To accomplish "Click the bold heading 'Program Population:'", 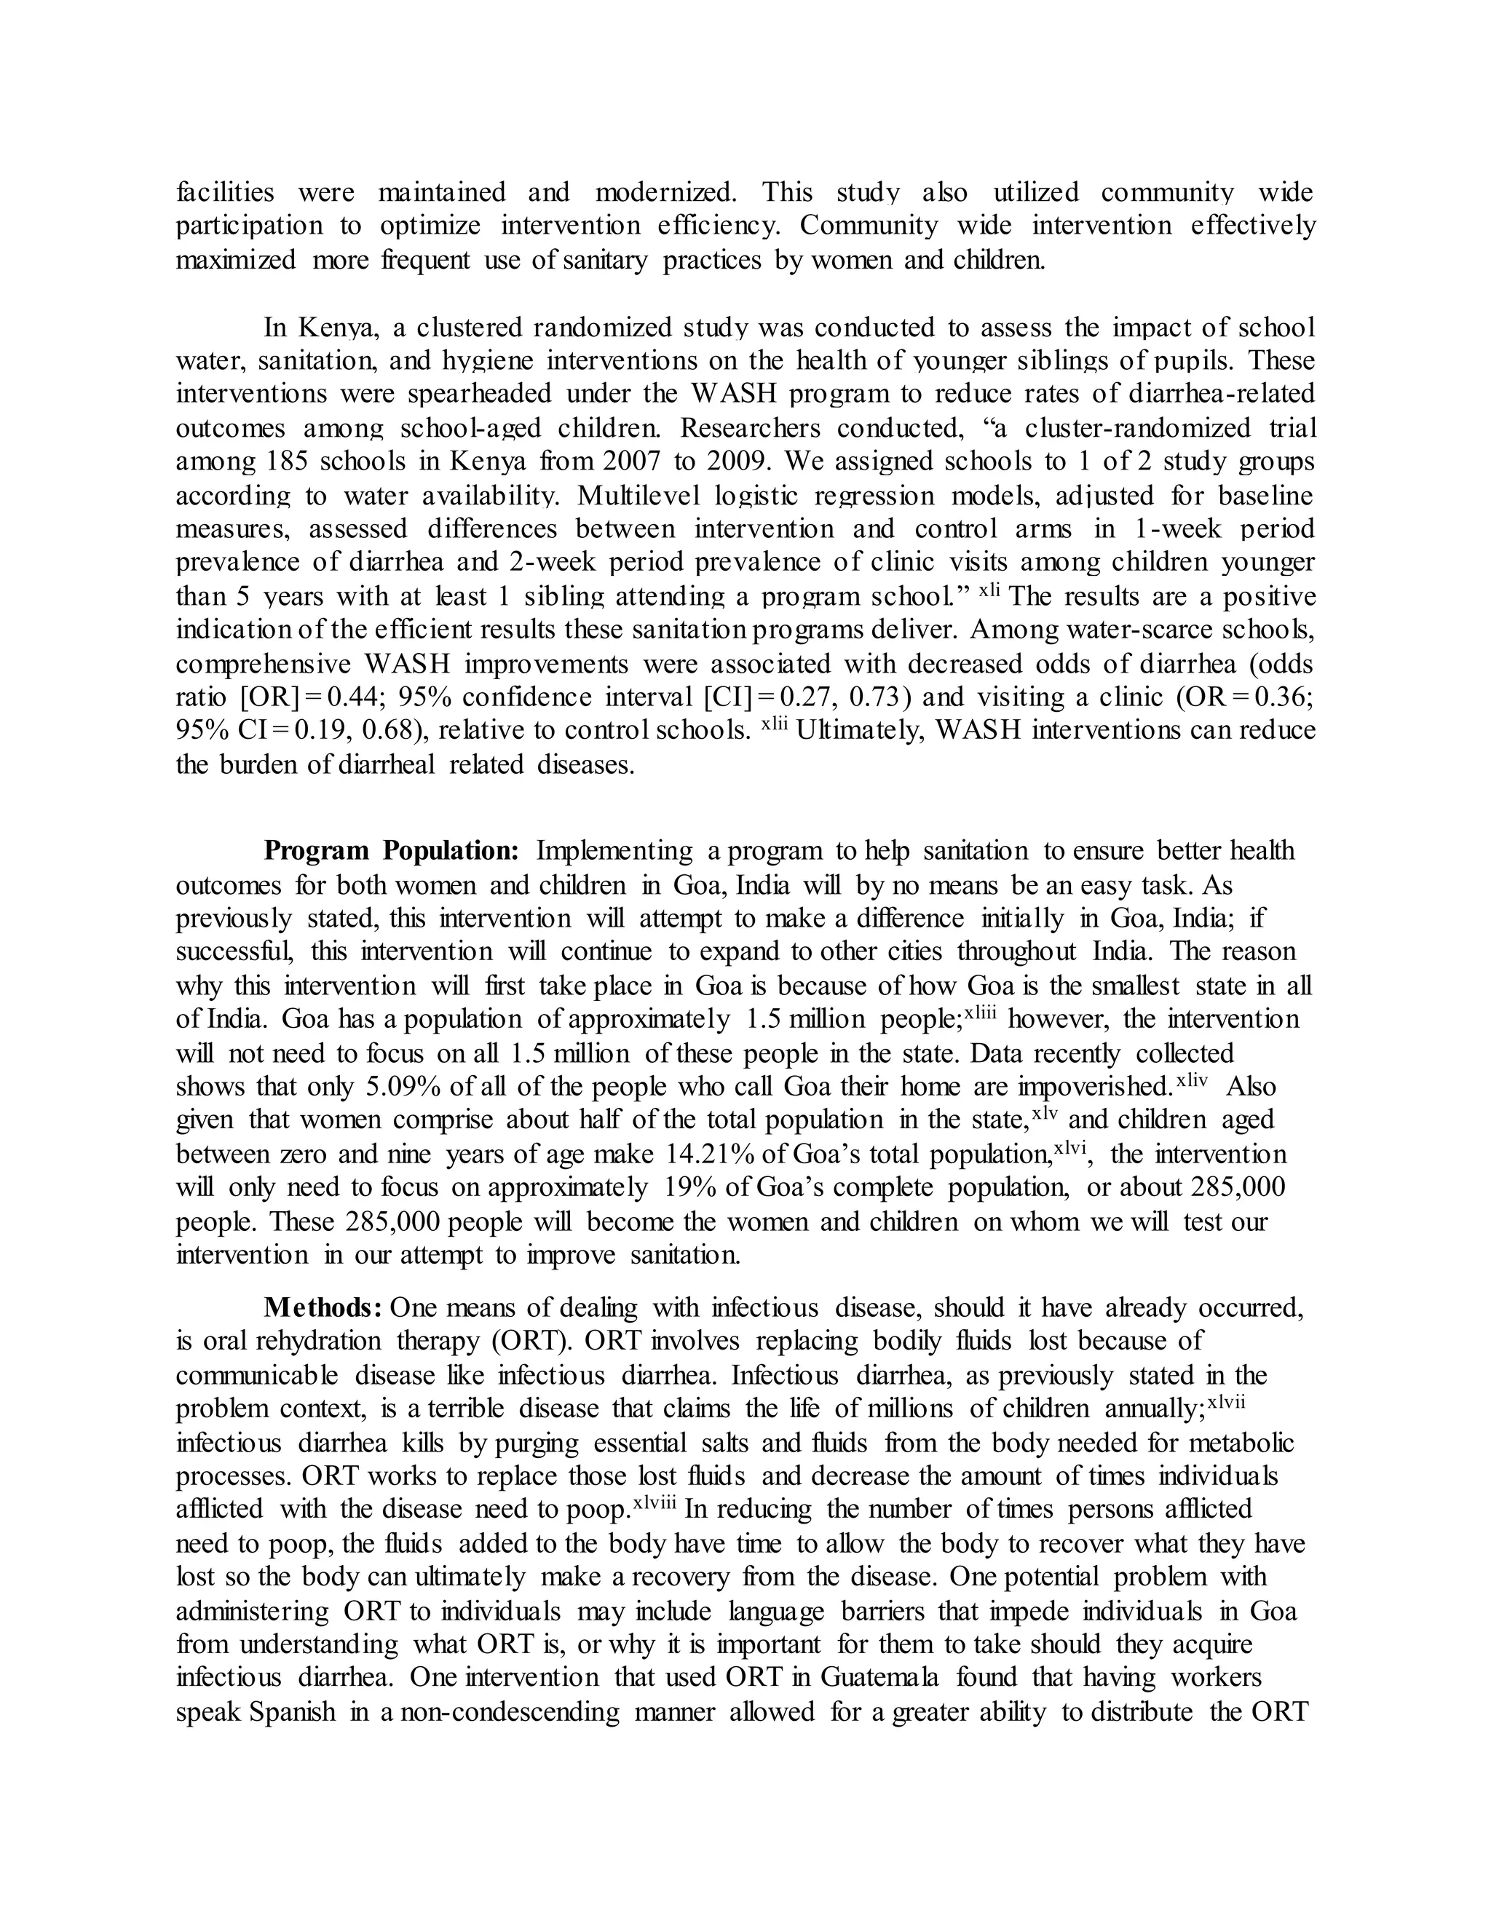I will click(x=391, y=850).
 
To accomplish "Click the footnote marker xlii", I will click(x=774, y=724).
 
